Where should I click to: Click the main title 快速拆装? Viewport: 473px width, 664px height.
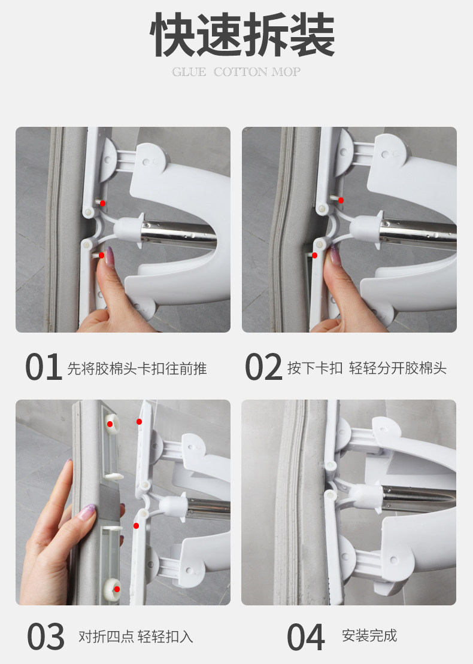[242, 35]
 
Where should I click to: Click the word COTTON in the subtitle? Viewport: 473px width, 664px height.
[240, 72]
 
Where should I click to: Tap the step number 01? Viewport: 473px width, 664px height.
[43, 367]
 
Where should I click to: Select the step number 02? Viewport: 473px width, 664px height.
[263, 367]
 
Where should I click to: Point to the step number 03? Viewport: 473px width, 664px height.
[46, 636]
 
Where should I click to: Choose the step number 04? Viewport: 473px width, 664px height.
[305, 636]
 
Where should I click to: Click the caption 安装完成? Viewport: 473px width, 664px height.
[369, 635]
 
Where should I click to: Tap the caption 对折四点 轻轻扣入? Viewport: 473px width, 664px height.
[136, 636]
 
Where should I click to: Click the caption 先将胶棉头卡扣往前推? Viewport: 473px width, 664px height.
[137, 368]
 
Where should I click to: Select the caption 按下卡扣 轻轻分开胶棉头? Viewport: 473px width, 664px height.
[367, 368]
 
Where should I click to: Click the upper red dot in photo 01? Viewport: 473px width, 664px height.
[102, 203]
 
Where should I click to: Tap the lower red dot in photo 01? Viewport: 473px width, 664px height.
[101, 255]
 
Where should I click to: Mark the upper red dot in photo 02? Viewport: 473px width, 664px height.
[341, 200]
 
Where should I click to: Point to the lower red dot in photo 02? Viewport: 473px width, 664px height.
[314, 255]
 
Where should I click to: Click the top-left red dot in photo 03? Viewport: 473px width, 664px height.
[110, 424]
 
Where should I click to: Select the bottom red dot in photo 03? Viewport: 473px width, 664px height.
[117, 589]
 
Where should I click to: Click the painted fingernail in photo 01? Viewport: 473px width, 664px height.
[110, 256]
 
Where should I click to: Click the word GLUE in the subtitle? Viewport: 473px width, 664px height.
[189, 72]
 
